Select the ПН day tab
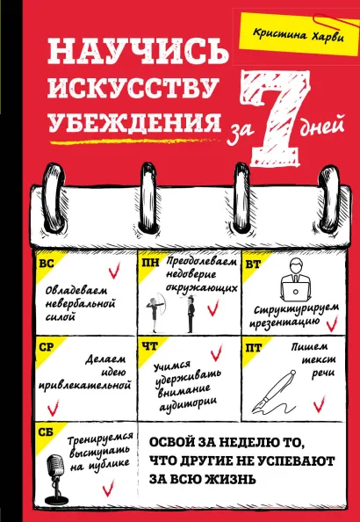(148, 263)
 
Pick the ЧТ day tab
(148, 346)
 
